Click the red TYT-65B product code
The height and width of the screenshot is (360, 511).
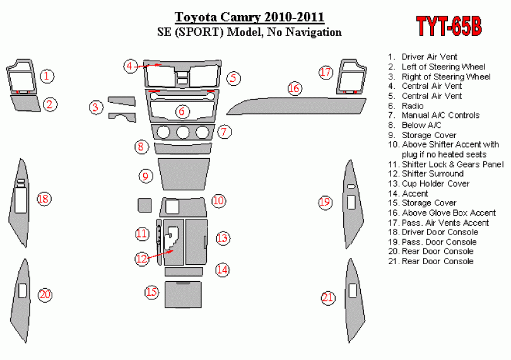tap(449, 26)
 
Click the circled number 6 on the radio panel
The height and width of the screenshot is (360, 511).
tap(182, 112)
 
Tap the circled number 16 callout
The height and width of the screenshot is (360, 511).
tap(294, 88)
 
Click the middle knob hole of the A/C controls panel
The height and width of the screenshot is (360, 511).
tap(182, 132)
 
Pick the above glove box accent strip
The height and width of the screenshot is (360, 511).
tap(297, 106)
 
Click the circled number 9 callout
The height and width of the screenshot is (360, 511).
tap(145, 177)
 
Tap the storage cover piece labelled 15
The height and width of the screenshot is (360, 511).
tap(183, 294)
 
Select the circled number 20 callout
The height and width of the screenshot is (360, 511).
tap(45, 294)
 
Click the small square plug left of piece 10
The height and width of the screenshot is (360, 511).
tap(144, 206)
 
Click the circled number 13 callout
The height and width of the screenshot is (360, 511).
tap(222, 238)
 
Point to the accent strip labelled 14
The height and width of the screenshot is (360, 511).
tap(184, 272)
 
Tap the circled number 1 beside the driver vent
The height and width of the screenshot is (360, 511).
tap(47, 76)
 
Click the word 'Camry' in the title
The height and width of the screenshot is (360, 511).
tap(240, 16)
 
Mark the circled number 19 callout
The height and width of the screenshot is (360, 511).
tap(325, 202)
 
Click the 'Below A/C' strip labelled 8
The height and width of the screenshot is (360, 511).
tap(183, 148)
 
